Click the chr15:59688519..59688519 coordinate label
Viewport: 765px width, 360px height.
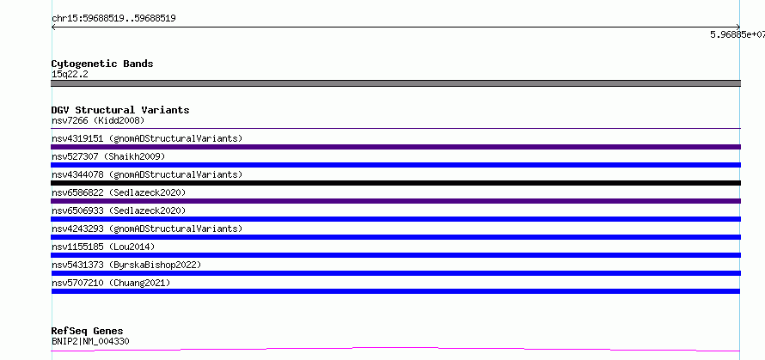[x=113, y=19]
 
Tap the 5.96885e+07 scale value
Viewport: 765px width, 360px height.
[x=737, y=34]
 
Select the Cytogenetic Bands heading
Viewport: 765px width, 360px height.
[x=102, y=64]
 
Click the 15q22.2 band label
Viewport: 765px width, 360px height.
[x=70, y=75]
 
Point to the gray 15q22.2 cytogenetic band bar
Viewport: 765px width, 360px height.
[x=395, y=83]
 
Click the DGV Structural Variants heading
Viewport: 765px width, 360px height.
[x=120, y=110]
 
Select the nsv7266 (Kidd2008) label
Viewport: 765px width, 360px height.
[x=98, y=120]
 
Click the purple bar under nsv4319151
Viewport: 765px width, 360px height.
[x=395, y=147]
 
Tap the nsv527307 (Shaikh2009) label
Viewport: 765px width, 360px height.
[x=108, y=156]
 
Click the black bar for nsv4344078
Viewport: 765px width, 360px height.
[x=395, y=183]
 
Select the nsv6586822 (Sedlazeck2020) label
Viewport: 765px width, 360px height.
[x=119, y=192]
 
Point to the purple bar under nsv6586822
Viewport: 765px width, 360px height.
[x=395, y=201]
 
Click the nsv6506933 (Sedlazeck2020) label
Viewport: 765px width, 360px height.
[x=119, y=211]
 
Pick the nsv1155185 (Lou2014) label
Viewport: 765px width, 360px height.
[x=103, y=247]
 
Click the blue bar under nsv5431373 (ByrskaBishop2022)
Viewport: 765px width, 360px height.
[x=395, y=273]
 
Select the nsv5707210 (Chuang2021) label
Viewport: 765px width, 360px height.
[x=111, y=283]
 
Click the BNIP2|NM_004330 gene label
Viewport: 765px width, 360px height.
[x=90, y=341]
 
